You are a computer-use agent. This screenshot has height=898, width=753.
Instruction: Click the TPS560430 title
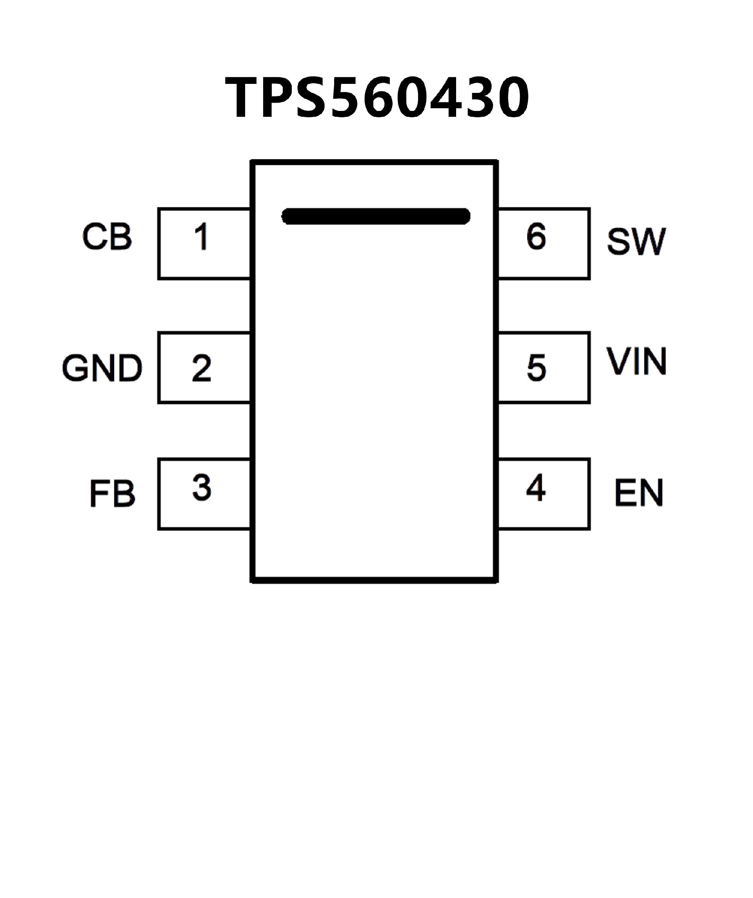click(377, 98)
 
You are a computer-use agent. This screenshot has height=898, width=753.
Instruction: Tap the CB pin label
click(107, 236)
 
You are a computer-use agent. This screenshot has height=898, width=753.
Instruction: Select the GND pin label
click(102, 368)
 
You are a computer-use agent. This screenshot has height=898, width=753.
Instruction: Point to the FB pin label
click(113, 493)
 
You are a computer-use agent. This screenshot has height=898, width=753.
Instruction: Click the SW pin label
click(636, 241)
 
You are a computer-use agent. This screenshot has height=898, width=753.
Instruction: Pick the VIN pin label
click(637, 361)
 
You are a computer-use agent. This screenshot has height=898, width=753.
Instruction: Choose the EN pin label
click(639, 493)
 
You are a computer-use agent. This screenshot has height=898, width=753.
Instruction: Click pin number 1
click(201, 236)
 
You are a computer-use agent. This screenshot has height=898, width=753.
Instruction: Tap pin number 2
click(202, 368)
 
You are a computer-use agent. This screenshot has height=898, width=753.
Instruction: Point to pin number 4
click(536, 487)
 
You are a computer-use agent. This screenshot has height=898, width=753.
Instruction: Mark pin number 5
click(537, 367)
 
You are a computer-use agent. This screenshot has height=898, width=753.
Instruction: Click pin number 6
click(536, 236)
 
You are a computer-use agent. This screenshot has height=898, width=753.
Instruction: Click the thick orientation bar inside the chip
click(376, 216)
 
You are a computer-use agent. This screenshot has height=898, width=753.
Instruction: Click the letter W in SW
click(650, 242)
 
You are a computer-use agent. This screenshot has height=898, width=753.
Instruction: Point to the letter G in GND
click(75, 368)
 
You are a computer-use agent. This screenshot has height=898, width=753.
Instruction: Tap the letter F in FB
click(98, 493)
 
